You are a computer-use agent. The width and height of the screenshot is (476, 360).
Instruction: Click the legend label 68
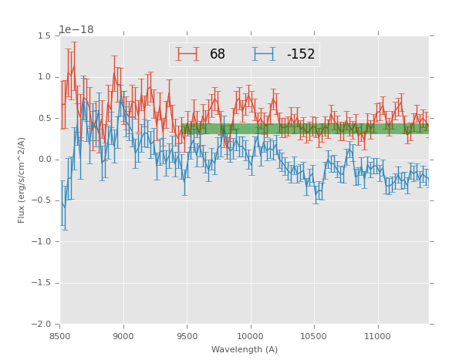pyautogui.click(x=218, y=55)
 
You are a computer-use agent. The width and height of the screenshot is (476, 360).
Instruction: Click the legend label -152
pyautogui.click(x=300, y=55)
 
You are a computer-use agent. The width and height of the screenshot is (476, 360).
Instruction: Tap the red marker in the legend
pyautogui.click(x=187, y=55)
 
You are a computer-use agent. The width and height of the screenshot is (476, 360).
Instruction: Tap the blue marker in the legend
pyautogui.click(x=265, y=55)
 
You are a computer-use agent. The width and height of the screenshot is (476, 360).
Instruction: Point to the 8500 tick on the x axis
pyautogui.click(x=60, y=336)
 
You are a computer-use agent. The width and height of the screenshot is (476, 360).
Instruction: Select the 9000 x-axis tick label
pyautogui.click(x=123, y=336)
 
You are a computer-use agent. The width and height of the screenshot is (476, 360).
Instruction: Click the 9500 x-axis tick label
pyautogui.click(x=187, y=336)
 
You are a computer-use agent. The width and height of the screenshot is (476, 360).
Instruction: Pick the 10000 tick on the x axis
pyautogui.click(x=251, y=336)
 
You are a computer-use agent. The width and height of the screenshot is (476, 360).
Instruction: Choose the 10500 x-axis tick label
pyautogui.click(x=314, y=336)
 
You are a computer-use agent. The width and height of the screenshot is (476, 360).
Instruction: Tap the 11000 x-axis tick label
pyautogui.click(x=377, y=336)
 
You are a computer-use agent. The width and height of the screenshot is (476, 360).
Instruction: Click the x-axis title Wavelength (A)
pyautogui.click(x=245, y=350)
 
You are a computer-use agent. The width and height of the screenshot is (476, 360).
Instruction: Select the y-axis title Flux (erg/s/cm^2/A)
pyautogui.click(x=22, y=180)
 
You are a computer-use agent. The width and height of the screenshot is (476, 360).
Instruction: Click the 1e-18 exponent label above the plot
pyautogui.click(x=76, y=30)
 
